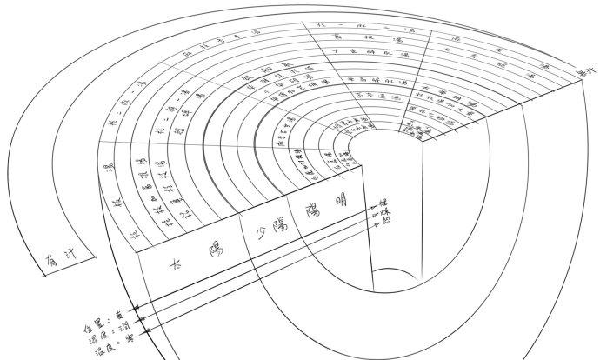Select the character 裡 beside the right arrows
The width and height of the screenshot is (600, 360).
point(382,205)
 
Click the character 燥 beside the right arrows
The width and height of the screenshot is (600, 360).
point(383,214)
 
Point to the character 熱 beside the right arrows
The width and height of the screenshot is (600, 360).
point(383,223)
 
